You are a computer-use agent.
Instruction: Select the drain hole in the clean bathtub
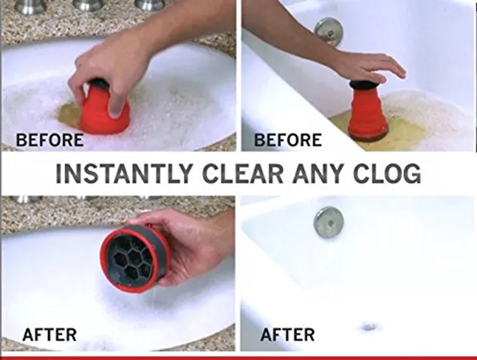tap(368, 327)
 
